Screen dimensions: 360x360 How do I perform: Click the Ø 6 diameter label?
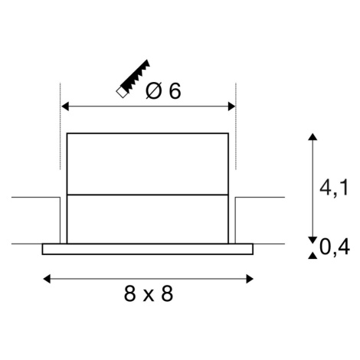tap(163, 91)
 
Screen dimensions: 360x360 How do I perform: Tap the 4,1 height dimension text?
tap(334, 188)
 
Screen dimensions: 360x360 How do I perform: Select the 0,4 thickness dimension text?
tap(334, 247)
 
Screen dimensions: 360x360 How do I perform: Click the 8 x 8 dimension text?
tap(149, 293)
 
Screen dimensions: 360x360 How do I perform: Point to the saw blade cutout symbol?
tap(133, 79)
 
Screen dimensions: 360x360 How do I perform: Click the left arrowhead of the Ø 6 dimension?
tap(65, 106)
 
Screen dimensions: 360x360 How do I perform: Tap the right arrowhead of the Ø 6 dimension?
tap(231, 106)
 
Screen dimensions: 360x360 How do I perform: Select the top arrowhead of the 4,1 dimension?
tap(313, 136)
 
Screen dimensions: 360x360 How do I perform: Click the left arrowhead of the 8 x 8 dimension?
tap(47, 279)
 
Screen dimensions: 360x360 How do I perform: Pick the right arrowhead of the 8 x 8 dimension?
tap(250, 279)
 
